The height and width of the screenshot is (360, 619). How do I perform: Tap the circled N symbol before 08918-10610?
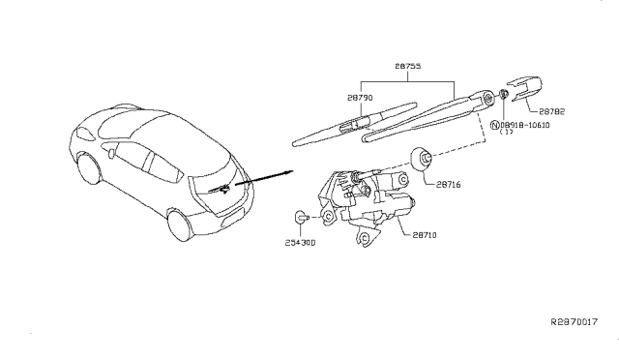pyautogui.click(x=495, y=126)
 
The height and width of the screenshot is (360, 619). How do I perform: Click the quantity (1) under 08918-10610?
pyautogui.click(x=505, y=135)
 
